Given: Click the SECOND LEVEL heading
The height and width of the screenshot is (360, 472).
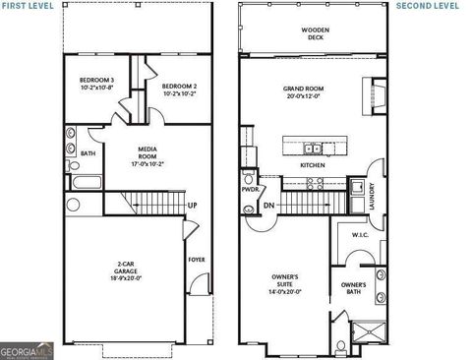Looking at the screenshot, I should click(x=428, y=5).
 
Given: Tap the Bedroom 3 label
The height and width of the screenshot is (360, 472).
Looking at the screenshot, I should click(x=97, y=84).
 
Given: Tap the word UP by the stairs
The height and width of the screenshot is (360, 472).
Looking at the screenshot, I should click(x=192, y=206).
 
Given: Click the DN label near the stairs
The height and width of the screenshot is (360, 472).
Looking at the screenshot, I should click(x=269, y=206).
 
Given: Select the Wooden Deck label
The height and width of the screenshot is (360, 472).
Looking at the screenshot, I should click(x=315, y=33).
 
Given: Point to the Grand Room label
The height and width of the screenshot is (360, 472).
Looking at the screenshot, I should click(x=304, y=92).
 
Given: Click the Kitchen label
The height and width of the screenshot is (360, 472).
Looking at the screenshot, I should click(x=313, y=165).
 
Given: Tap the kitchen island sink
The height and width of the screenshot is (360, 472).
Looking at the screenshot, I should click(x=313, y=149).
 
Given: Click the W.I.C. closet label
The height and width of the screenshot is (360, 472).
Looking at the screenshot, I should click(x=360, y=235).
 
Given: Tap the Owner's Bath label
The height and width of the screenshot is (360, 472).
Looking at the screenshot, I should click(x=353, y=288).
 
